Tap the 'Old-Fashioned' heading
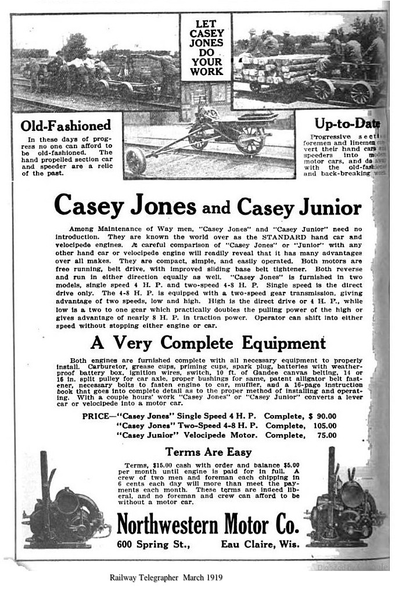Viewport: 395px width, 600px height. [x=66, y=125]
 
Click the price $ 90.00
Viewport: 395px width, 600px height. [x=323, y=416]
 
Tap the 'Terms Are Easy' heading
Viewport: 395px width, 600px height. [x=208, y=451]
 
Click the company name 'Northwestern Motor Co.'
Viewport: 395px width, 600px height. [x=208, y=525]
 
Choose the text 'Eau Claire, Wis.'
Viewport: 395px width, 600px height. [x=260, y=545]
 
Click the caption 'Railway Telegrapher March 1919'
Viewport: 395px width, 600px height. [x=166, y=578]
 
